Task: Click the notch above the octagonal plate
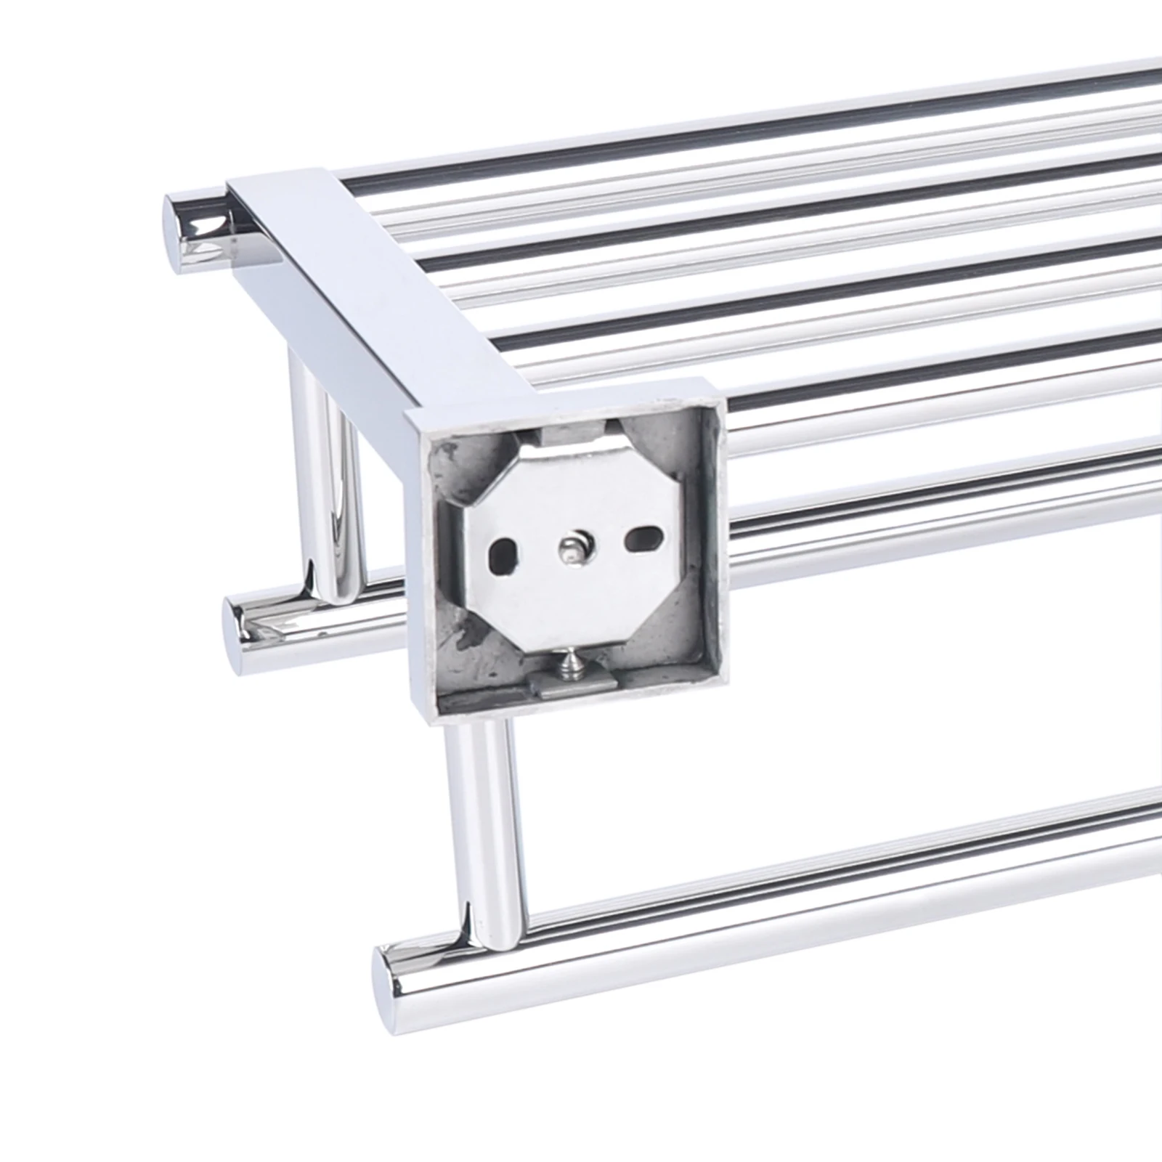pos(574,437)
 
